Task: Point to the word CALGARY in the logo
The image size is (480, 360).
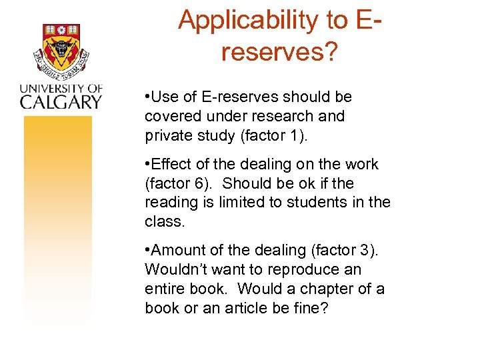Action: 60,101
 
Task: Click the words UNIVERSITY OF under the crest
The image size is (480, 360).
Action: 60,88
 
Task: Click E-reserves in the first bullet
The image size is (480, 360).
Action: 224,97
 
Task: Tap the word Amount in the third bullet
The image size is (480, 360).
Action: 178,251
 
